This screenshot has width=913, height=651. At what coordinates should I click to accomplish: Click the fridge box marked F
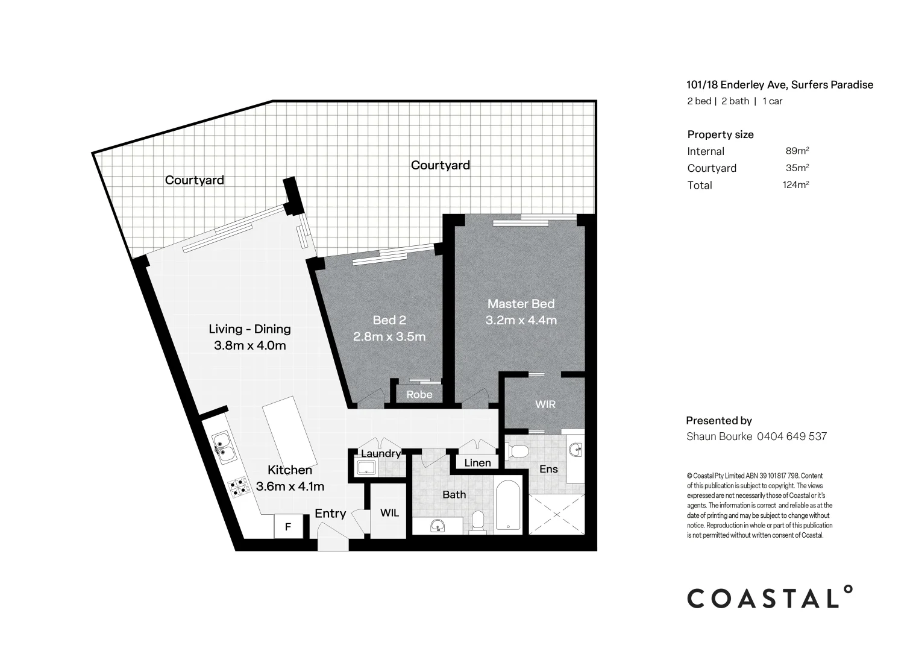pos(288,527)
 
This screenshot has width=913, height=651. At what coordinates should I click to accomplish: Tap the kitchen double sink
pos(221,447)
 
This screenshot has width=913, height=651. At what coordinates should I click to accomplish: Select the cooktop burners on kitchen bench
pos(238,486)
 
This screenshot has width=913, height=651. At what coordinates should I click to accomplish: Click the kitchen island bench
pos(289,430)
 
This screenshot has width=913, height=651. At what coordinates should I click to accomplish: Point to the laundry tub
pos(366,468)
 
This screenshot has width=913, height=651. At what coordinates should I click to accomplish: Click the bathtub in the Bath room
pos(509,506)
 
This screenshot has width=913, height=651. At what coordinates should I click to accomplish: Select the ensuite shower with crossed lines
pos(556,513)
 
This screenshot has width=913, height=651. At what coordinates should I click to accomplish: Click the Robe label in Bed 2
pos(419,395)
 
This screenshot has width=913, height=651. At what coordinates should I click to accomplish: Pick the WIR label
pos(545,404)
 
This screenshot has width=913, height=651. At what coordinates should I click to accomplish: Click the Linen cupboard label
pos(477,463)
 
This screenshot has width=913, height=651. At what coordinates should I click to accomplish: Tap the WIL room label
pos(389,513)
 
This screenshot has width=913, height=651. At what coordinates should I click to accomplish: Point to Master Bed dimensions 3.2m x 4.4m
pos(521,321)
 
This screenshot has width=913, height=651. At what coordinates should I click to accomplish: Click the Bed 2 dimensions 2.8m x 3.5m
pos(389,336)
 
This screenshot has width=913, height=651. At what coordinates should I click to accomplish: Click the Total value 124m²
pos(795,185)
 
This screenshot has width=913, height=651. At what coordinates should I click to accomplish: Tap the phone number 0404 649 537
pos(792,436)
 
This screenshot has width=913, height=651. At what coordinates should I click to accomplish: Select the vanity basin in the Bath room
pos(438,527)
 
